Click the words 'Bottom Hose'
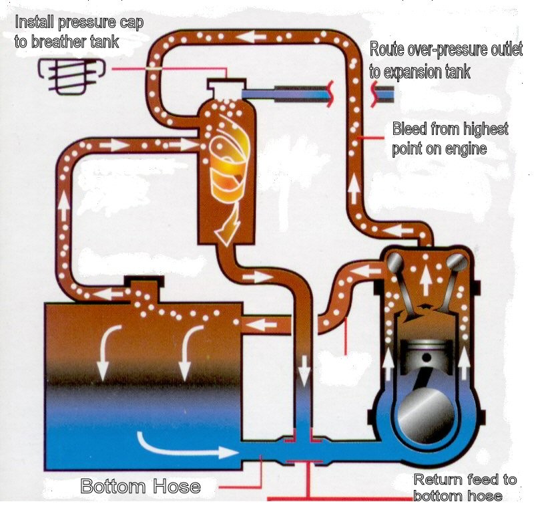point(140,486)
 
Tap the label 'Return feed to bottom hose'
point(465,487)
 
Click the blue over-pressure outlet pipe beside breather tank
point(287,92)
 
